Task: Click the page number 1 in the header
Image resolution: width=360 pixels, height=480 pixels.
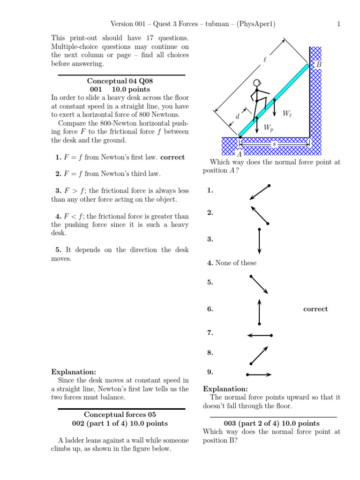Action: click(338, 24)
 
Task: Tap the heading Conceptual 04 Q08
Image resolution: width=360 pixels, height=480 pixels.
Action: click(120, 81)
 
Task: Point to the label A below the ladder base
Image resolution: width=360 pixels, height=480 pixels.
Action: click(240, 154)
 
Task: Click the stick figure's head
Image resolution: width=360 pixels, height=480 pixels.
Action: click(256, 83)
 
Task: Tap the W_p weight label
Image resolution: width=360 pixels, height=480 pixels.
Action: click(268, 127)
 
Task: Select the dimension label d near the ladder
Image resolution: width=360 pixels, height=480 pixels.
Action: click(237, 116)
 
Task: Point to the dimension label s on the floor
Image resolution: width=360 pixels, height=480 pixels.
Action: click(274, 144)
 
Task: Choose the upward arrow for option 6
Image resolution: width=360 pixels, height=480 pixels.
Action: click(259, 311)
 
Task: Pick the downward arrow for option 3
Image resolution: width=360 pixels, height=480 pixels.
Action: click(259, 240)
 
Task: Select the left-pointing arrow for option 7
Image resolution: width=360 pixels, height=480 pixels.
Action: click(259, 335)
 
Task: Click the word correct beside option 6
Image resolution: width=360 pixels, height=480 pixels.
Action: click(315, 309)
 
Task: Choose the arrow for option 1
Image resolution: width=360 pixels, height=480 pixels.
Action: click(260, 192)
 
